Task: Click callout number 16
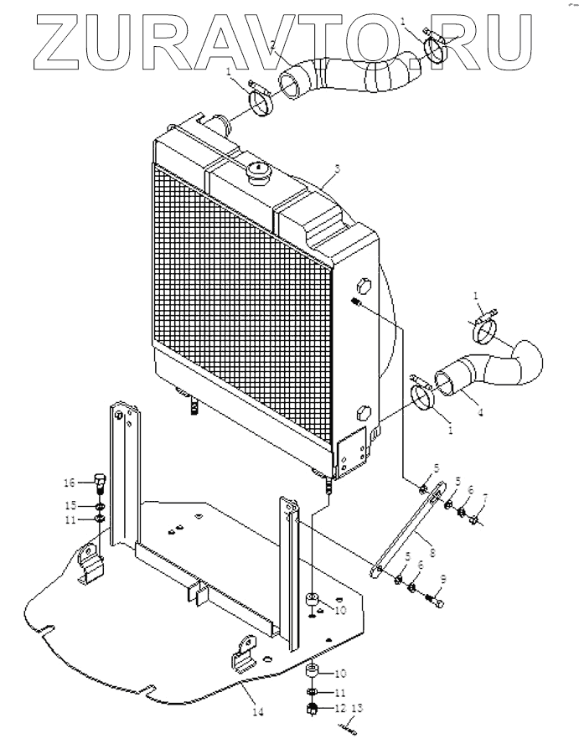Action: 71,482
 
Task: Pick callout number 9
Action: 442,577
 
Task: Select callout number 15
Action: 71,505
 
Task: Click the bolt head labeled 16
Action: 99,481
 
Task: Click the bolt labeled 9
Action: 435,599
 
